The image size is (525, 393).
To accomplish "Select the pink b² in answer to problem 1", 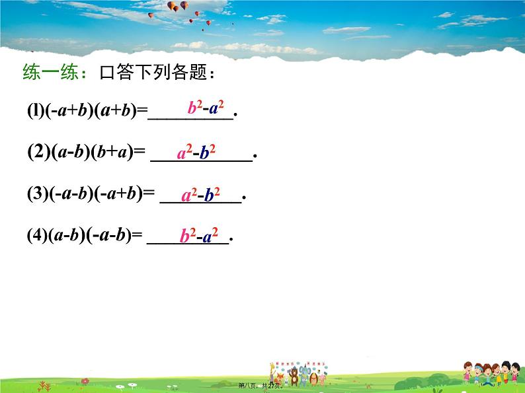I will tap(195, 108).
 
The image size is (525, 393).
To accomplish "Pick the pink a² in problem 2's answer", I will tap(185, 154).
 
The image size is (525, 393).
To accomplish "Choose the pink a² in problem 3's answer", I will tap(189, 195).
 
